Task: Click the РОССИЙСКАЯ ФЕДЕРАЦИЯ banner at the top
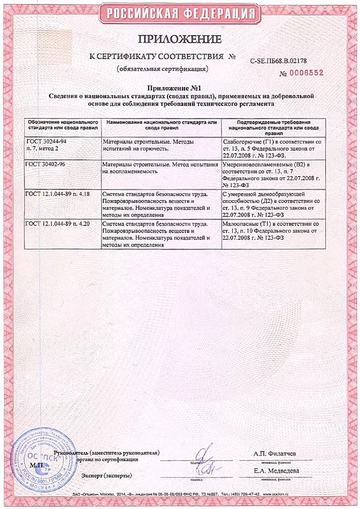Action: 180,12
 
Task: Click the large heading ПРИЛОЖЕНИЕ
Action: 180,39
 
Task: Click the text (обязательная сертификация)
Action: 162,68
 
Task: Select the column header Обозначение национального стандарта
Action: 62,126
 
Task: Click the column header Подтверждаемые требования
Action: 274,126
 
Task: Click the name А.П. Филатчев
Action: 275,453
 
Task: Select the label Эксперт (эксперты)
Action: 106,475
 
